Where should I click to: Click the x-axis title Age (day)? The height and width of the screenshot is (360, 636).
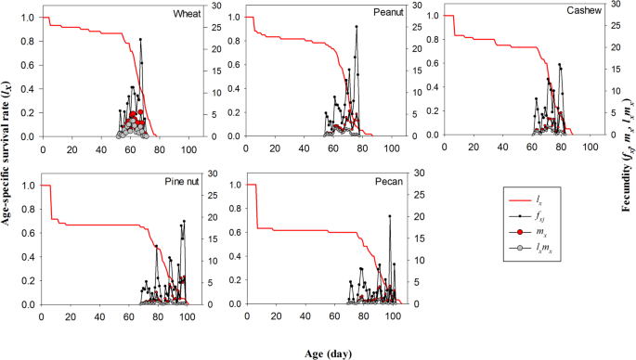(318, 353)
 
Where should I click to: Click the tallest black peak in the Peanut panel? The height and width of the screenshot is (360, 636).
(357, 27)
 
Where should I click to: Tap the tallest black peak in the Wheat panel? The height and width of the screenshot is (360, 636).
(141, 39)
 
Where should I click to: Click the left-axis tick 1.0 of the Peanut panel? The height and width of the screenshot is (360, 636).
(231, 18)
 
